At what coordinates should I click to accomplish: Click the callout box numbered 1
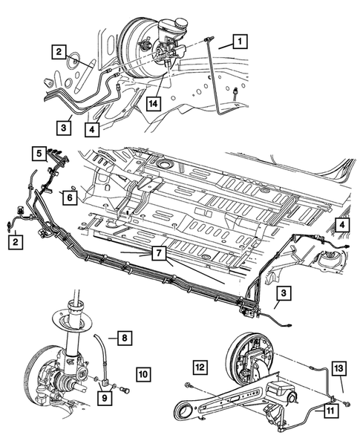coord(240,42)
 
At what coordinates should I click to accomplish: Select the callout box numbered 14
coord(153,103)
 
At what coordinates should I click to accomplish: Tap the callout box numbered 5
coord(39,153)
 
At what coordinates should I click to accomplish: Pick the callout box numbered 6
coord(70,197)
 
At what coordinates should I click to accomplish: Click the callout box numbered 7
coord(159,253)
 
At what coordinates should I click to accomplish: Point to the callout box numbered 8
coord(125,338)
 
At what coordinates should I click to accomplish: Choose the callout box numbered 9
coord(105,397)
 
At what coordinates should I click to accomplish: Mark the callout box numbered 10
coord(143,374)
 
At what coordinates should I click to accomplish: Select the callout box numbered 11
coord(331,411)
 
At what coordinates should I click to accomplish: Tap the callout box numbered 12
coord(200,367)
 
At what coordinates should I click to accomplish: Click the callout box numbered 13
coord(338,368)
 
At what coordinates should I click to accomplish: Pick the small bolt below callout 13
coord(347,403)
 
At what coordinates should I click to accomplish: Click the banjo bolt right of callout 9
coord(125,389)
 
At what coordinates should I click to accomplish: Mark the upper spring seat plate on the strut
coord(72,321)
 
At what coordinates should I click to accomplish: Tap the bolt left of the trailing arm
coord(188,386)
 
